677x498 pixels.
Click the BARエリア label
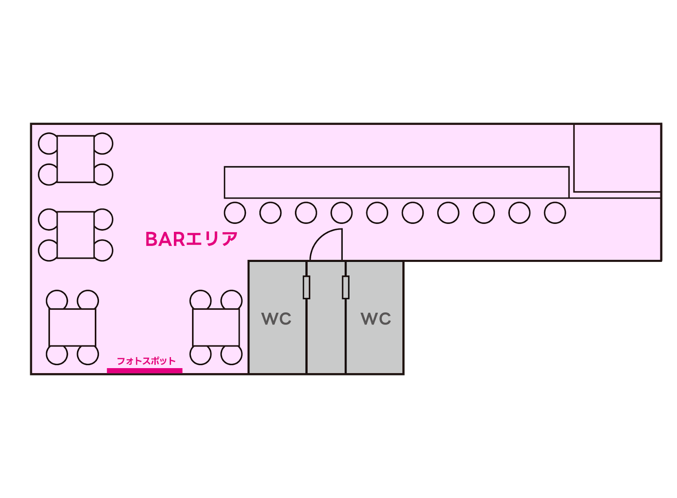click(x=191, y=239)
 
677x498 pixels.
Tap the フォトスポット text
click(x=146, y=361)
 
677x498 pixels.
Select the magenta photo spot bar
click(x=145, y=371)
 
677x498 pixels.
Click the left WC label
click(x=277, y=319)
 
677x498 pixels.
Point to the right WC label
click(x=376, y=319)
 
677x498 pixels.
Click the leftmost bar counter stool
click(x=235, y=212)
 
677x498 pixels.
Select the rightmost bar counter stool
click(x=555, y=212)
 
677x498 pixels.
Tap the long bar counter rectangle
click(x=396, y=182)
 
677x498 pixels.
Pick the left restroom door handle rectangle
click(x=307, y=287)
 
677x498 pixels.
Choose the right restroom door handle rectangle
click(x=346, y=287)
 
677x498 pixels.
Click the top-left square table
click(x=76, y=159)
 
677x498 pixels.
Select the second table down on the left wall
click(x=76, y=235)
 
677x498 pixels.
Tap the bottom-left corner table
click(x=72, y=327)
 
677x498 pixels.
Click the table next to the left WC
click(x=216, y=327)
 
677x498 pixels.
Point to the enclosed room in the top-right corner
click(x=617, y=158)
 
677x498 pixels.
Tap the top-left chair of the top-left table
click(x=47, y=143)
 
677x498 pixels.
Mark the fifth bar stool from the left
click(x=377, y=212)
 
